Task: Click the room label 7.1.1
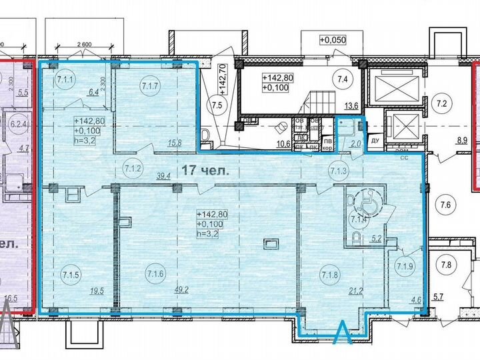(x=65, y=81)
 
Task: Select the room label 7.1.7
(x=150, y=85)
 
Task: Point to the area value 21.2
(x=347, y=290)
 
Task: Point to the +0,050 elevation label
(x=334, y=40)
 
